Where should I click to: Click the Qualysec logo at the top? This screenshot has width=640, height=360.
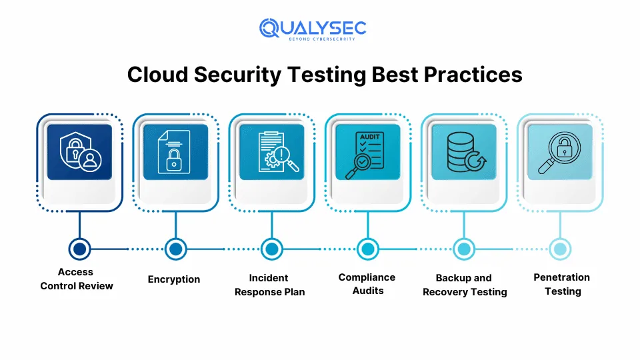313,29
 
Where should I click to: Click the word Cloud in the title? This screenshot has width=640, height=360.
157,75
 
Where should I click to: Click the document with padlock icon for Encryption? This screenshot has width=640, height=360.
174,152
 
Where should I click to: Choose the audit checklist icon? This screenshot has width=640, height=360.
365,155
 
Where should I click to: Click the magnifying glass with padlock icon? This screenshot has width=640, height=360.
559,153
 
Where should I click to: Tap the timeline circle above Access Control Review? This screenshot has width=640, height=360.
79,249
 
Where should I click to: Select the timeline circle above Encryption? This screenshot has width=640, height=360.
175,249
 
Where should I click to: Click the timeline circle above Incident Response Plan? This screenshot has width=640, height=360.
272,249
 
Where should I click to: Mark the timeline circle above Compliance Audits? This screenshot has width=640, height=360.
368,249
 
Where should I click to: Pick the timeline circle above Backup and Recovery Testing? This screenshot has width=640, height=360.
464,249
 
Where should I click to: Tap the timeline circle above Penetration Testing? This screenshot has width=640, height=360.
560,249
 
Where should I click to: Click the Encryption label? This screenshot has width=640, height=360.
174,279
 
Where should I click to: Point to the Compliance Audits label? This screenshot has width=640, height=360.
367,284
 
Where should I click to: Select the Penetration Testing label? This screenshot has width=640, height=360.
562,284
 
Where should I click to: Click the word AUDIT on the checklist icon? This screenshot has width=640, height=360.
369,137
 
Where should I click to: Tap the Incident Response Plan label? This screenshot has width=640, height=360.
270,285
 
